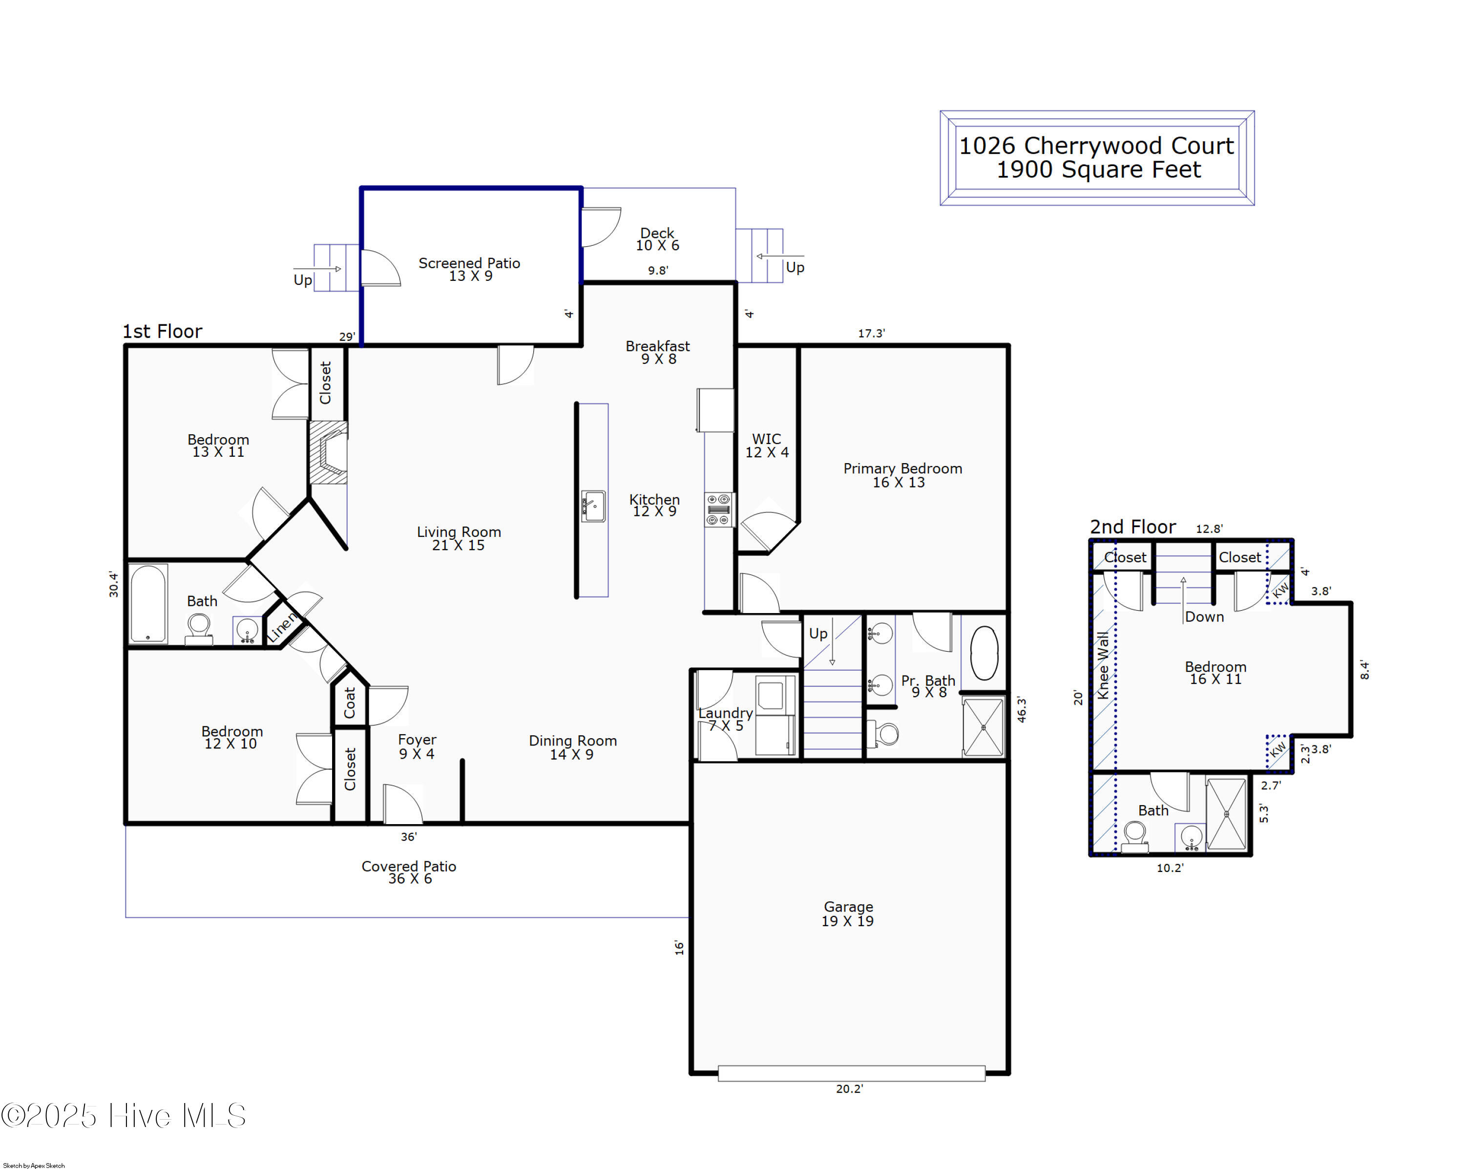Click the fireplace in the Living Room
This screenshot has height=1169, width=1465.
coord(329,453)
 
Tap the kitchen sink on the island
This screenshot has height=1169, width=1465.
coord(593,507)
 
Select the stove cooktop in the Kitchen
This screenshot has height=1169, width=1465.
coord(719,510)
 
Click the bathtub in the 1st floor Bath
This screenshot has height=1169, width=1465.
coord(148,603)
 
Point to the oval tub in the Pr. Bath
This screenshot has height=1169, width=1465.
coord(984,653)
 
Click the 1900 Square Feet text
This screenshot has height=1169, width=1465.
coord(1099,169)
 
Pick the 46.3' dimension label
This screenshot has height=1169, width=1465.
coord(1021,709)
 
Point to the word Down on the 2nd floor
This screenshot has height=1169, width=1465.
coord(1204,616)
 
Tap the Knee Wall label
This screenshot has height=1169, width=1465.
coord(1103,665)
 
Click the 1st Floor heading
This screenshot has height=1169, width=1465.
coord(163,331)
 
